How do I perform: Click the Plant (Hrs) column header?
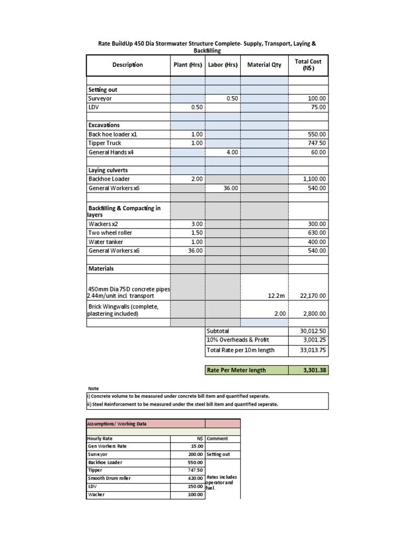point(188,65)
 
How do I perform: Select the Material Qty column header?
point(264,65)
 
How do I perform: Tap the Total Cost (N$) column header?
point(308,65)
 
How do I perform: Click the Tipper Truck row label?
point(105,143)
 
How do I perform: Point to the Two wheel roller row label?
point(110,233)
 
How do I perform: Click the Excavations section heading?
point(104,125)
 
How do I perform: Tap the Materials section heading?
point(101,268)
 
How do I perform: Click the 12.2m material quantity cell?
point(276,296)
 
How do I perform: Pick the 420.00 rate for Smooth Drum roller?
point(195,478)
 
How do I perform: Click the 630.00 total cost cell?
point(317,233)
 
